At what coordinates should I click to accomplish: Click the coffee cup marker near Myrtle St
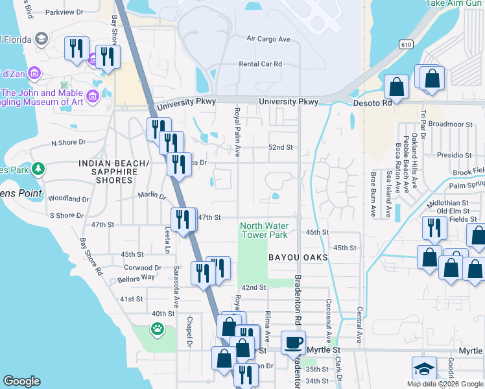click(293, 342)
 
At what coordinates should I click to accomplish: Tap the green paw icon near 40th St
click(158, 329)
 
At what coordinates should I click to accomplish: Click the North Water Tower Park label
click(264, 230)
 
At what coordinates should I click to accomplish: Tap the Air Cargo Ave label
click(268, 39)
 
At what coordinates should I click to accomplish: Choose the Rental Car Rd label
click(261, 64)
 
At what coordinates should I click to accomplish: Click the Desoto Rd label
click(373, 102)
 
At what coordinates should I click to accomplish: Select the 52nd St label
click(281, 147)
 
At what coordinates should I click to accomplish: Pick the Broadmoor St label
click(449, 124)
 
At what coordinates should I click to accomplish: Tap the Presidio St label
click(454, 156)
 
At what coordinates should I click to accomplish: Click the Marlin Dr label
click(152, 194)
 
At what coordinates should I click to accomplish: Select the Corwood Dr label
click(142, 267)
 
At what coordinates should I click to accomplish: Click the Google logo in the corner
click(21, 381)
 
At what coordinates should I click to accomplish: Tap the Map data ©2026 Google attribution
click(444, 384)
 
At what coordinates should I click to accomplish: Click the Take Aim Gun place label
click(455, 3)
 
